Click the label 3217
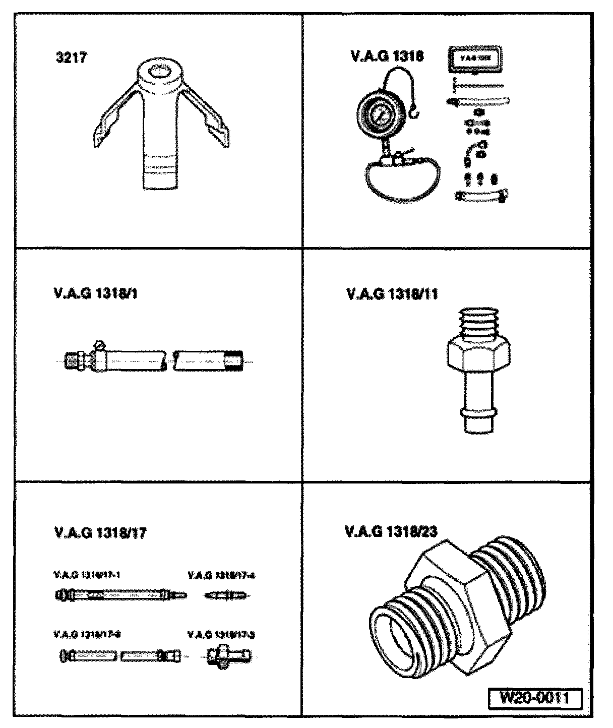click(x=71, y=57)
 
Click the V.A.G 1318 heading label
click(x=387, y=56)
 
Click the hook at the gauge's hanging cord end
click(x=414, y=115)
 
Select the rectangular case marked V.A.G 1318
click(x=474, y=58)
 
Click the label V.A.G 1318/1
click(x=95, y=293)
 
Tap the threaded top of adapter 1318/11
click(x=478, y=322)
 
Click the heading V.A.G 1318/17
click(x=99, y=532)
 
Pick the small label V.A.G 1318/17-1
click(x=86, y=574)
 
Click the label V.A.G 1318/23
click(x=391, y=531)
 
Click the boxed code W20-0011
click(x=534, y=699)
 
